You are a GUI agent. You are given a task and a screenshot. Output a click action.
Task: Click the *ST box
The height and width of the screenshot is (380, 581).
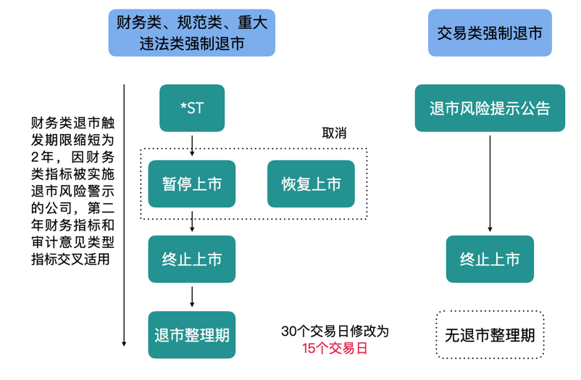(192, 108)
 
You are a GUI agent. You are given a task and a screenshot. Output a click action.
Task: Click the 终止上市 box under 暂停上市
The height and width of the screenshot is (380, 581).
(192, 259)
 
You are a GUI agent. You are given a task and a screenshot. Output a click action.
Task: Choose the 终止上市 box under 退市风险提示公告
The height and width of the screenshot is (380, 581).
(490, 259)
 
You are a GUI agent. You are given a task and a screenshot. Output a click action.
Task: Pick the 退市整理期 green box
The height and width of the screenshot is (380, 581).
(192, 334)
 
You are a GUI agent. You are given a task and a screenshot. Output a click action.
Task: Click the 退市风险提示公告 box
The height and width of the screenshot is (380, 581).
(490, 108)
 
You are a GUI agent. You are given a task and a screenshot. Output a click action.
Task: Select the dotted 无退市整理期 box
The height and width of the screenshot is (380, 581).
(490, 335)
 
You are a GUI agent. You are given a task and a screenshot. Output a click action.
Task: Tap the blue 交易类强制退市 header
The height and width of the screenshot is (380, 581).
(490, 33)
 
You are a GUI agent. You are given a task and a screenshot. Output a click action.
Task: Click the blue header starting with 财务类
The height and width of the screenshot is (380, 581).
(192, 33)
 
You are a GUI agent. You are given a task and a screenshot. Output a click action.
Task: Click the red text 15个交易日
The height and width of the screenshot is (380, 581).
(335, 348)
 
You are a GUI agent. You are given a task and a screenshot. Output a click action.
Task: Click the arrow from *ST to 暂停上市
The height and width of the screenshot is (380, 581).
(192, 145)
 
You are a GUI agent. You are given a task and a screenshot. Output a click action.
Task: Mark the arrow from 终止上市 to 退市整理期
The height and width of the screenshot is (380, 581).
(192, 297)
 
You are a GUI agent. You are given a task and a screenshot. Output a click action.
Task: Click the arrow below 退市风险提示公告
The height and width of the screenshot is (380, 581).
(490, 181)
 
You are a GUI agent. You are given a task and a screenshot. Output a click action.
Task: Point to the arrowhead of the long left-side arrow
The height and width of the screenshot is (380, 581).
(125, 342)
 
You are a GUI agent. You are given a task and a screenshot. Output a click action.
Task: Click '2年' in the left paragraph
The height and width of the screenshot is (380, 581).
(39, 155)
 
